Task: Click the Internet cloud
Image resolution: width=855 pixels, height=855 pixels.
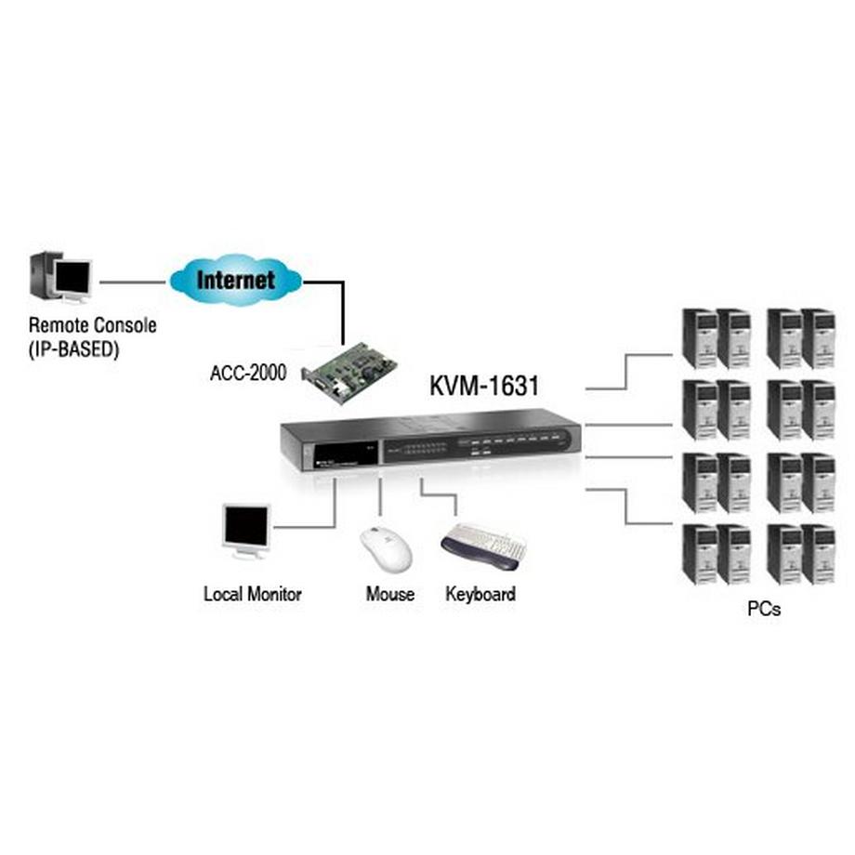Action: pyautogui.click(x=235, y=278)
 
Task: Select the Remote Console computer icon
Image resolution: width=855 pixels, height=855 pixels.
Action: pyautogui.click(x=62, y=277)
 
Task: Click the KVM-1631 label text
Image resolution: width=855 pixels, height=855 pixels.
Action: pyautogui.click(x=483, y=386)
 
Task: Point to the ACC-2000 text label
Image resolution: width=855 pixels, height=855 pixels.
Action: pyautogui.click(x=247, y=374)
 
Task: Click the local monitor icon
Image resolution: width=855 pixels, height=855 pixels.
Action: pyautogui.click(x=246, y=531)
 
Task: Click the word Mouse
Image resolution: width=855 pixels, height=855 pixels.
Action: pyautogui.click(x=390, y=594)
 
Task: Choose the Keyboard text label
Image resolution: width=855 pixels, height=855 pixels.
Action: pyautogui.click(x=480, y=594)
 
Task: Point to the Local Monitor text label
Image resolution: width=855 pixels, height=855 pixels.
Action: pyautogui.click(x=253, y=594)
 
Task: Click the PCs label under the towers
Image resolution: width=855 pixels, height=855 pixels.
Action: pyautogui.click(x=763, y=610)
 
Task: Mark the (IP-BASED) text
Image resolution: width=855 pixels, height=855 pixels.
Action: pyautogui.click(x=73, y=350)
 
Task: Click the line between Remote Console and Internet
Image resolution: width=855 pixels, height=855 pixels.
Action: pyautogui.click(x=133, y=280)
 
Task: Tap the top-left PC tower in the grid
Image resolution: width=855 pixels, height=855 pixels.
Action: pyautogui.click(x=700, y=338)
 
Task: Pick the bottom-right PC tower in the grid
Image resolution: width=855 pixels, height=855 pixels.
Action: pyautogui.click(x=818, y=554)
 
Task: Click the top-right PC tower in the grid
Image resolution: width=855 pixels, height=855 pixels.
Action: pyautogui.click(x=818, y=338)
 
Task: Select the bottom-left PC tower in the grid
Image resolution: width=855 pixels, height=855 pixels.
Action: pyautogui.click(x=700, y=554)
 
